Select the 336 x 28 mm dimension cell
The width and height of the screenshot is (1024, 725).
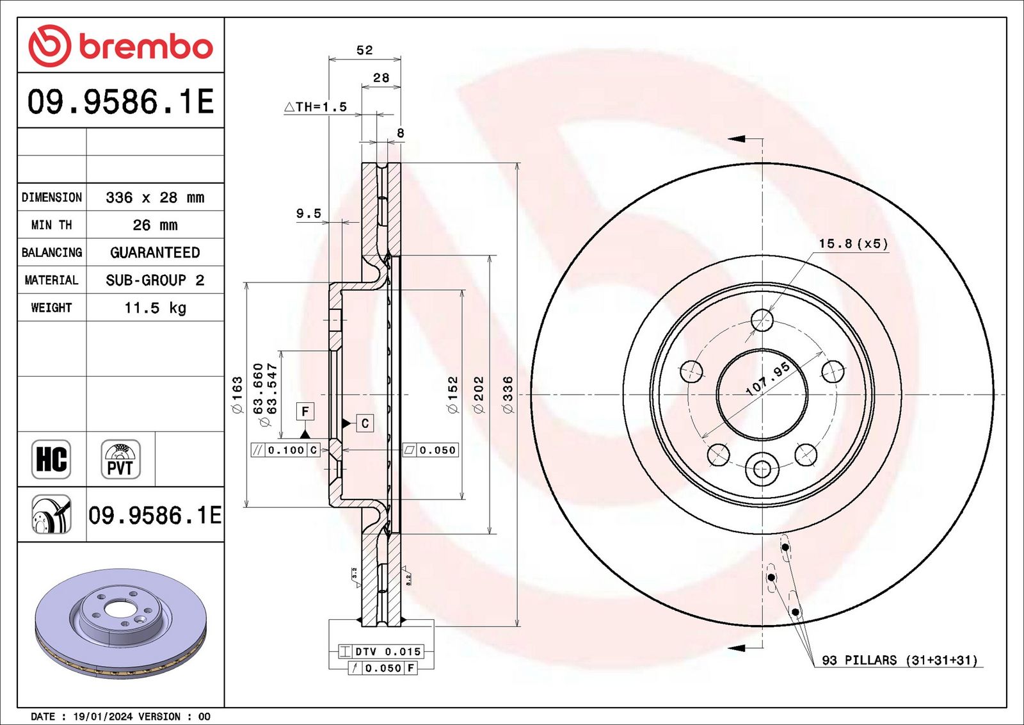(155, 197)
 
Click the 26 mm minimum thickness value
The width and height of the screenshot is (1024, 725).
(155, 225)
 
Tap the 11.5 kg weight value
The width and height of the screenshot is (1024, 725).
(155, 307)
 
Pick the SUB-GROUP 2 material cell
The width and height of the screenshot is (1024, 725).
(155, 279)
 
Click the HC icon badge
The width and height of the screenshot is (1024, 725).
(51, 459)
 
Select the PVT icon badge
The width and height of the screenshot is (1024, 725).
(120, 459)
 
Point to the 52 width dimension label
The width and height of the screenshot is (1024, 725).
(364, 50)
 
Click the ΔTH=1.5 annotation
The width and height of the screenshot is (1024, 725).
(316, 106)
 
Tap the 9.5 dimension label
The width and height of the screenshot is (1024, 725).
(308, 213)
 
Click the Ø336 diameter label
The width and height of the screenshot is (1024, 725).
(508, 395)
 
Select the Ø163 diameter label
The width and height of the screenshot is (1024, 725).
(237, 395)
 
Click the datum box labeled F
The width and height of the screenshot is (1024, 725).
(305, 412)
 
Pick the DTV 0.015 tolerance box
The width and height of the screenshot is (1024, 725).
(381, 651)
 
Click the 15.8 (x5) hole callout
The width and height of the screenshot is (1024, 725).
(853, 243)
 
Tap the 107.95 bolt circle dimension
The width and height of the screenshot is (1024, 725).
(767, 379)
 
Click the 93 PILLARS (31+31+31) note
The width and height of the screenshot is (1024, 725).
(900, 660)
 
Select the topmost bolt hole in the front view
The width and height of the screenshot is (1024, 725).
(762, 320)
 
